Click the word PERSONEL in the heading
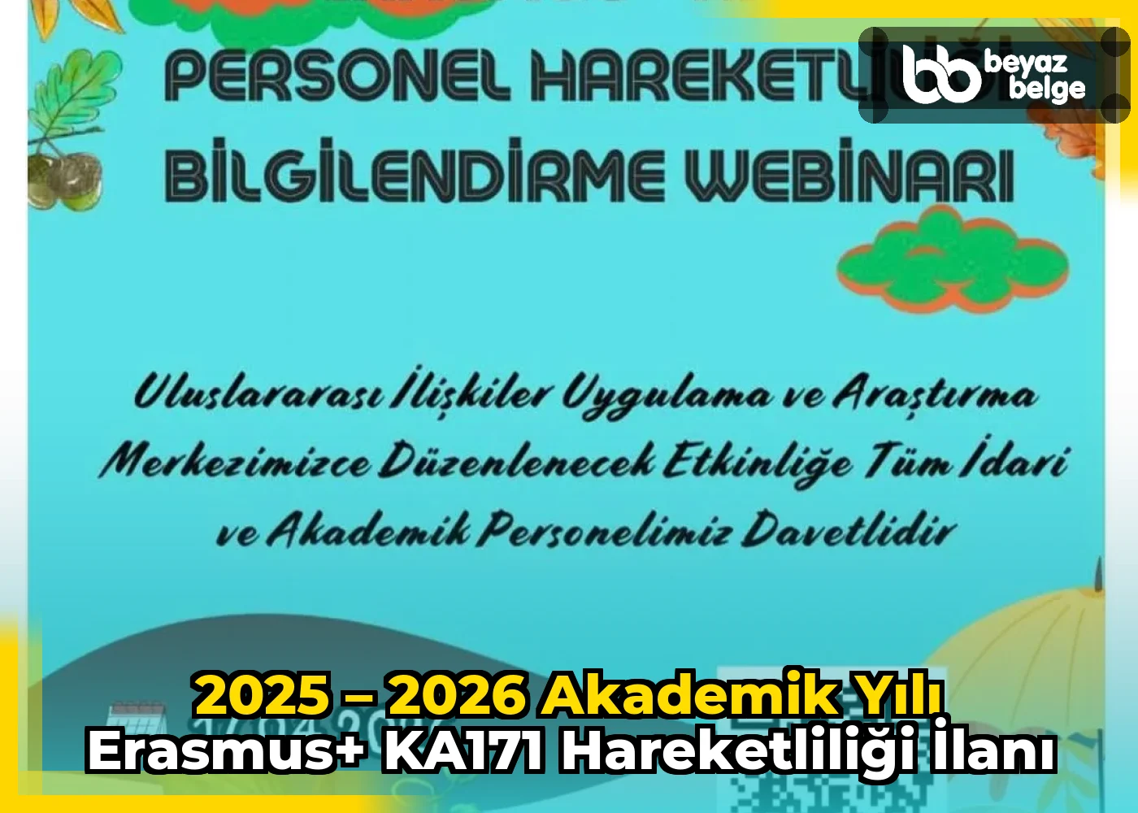337,75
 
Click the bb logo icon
941,75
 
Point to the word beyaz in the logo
1025,62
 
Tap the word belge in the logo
1046,88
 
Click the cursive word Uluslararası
257,393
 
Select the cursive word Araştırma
935,394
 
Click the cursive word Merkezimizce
235,462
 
